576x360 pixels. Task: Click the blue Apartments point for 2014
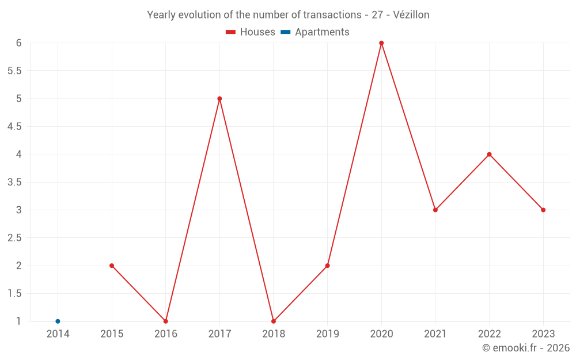(x=58, y=321)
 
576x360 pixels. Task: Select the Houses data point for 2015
(x=112, y=266)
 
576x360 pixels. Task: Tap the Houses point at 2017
(x=219, y=98)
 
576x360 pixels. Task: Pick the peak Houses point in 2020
(x=381, y=43)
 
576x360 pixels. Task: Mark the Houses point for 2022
(x=489, y=154)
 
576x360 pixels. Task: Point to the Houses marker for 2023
(x=543, y=210)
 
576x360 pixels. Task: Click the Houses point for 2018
(x=274, y=321)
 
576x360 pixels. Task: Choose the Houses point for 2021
(x=435, y=210)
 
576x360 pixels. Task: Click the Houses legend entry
(x=251, y=32)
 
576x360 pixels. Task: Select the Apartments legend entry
(x=315, y=32)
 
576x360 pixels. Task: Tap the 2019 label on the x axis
(x=327, y=334)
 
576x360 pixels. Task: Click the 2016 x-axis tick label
(x=165, y=334)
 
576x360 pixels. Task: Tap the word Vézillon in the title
(x=411, y=15)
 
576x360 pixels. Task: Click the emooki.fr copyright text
(x=526, y=348)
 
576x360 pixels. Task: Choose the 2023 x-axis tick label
(x=543, y=334)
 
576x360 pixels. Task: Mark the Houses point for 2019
(x=327, y=266)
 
